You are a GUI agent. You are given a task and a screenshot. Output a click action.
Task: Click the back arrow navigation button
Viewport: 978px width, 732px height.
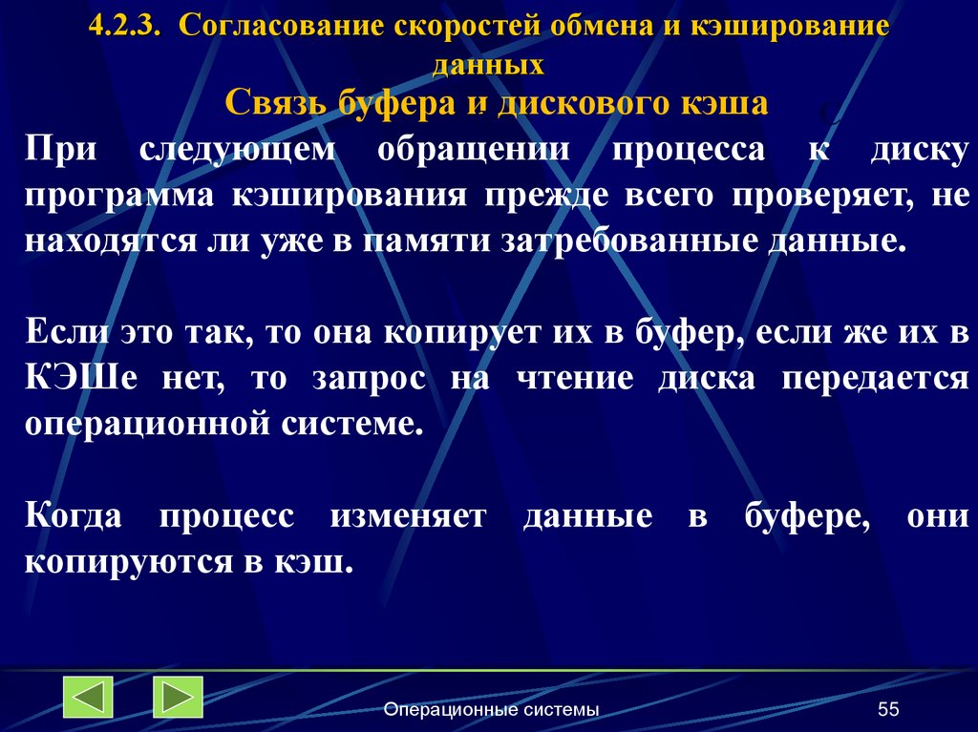pos(89,697)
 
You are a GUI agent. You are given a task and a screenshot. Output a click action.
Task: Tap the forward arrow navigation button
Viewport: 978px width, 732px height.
pos(178,697)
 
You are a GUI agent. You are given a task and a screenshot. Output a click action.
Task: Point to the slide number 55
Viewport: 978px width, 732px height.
pos(888,709)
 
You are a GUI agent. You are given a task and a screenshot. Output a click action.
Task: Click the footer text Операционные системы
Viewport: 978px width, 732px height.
pos(491,709)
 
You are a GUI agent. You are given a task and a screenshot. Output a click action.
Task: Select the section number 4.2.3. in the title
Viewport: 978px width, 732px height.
pos(127,28)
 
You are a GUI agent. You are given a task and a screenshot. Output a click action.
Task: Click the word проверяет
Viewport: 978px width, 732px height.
pos(822,195)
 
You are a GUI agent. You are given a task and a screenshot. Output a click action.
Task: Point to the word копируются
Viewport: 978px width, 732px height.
pos(123,561)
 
